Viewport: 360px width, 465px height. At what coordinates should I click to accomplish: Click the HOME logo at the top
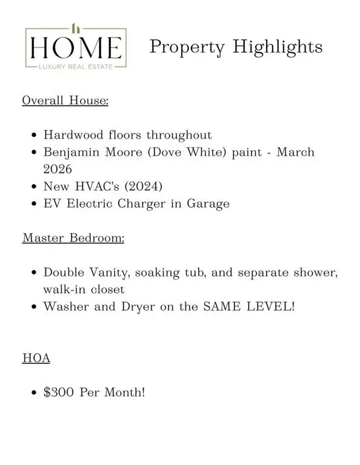[x=75, y=47]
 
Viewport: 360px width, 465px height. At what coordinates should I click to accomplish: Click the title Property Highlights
[x=236, y=47]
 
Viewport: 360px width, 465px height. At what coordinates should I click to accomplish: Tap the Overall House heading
[x=65, y=100]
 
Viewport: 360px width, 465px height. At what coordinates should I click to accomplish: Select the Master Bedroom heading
[x=73, y=237]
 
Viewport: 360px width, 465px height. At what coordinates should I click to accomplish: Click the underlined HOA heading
[x=36, y=358]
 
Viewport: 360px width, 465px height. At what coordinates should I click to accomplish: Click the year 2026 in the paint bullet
[x=58, y=169]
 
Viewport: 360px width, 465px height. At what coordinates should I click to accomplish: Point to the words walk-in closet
[x=84, y=289]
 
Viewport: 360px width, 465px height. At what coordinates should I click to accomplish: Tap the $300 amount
[x=58, y=392]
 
